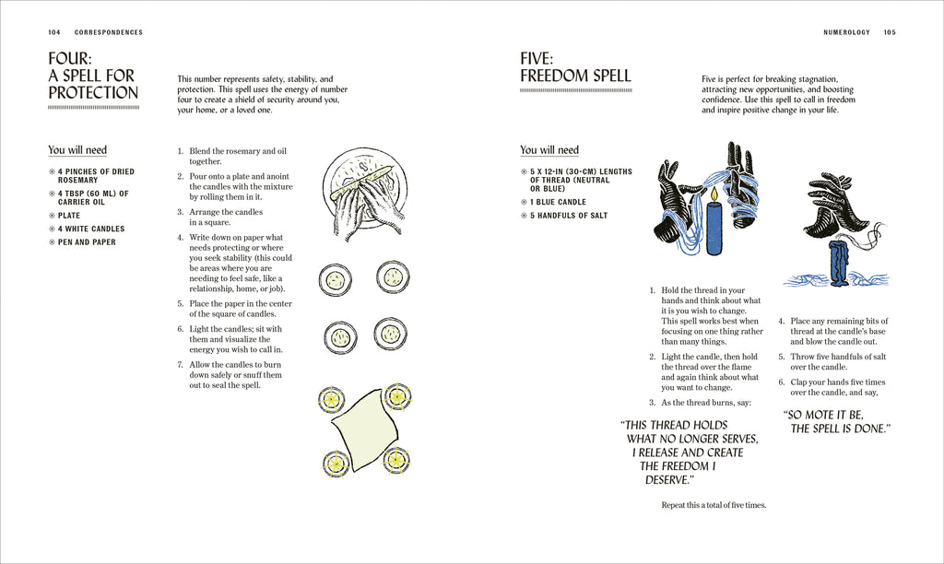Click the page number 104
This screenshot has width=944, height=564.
54,32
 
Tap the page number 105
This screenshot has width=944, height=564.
889,32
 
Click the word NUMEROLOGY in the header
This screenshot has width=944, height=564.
846,32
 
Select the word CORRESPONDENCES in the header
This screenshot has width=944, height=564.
109,32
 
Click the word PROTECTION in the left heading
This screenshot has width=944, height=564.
93,93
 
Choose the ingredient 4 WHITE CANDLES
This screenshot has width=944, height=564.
91,229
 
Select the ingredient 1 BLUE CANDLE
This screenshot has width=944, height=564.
558,202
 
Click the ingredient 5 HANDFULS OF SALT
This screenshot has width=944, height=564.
569,216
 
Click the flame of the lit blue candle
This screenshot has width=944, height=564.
713,195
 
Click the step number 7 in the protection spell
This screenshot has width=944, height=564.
180,365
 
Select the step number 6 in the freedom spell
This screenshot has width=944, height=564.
781,382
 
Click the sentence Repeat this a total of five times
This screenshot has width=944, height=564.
714,505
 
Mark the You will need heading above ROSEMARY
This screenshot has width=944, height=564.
77,150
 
